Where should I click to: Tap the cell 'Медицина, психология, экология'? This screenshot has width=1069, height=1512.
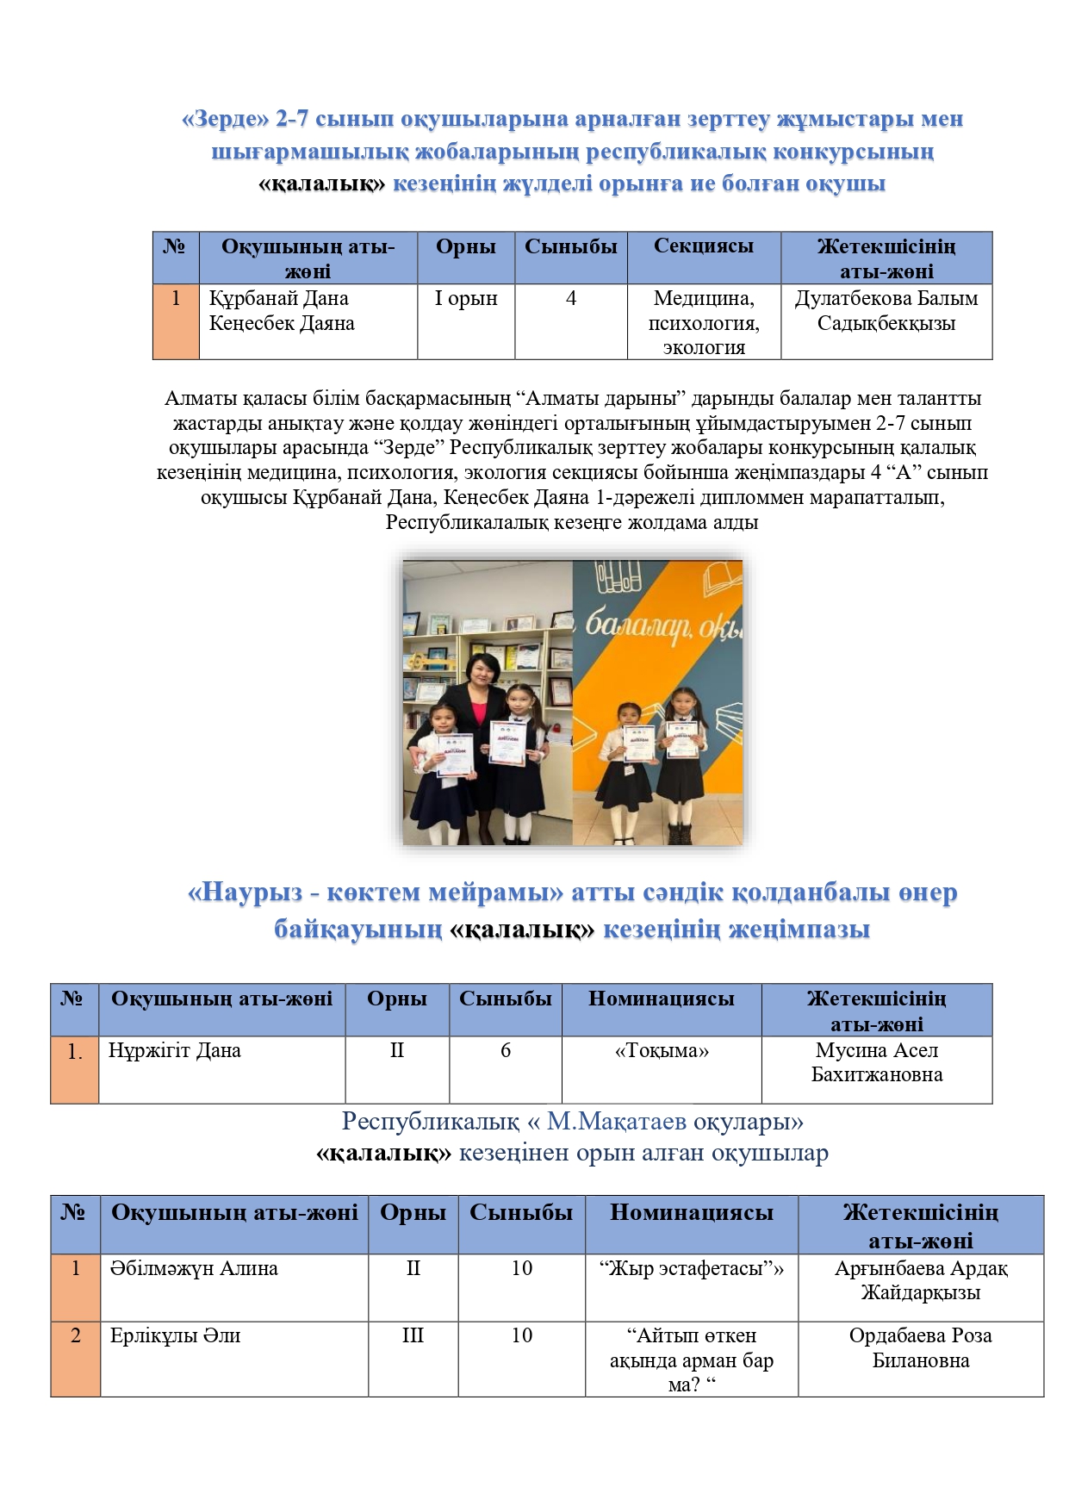(x=704, y=322)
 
